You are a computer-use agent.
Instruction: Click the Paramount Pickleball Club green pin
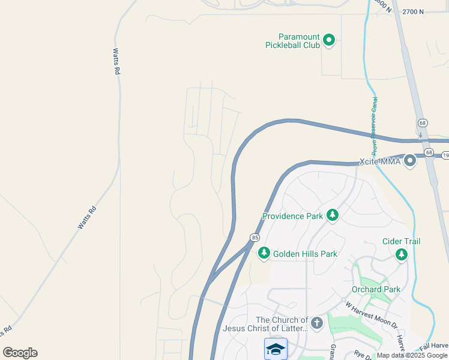328,40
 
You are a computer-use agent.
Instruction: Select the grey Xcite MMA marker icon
410,161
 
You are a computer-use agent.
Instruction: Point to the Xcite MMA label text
379,161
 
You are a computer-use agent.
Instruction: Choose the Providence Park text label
293,216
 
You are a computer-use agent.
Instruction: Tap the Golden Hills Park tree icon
264,254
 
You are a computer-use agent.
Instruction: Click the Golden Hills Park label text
305,254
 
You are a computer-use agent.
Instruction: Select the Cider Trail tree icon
401,254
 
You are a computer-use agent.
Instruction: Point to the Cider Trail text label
401,241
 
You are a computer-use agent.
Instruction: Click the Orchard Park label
376,289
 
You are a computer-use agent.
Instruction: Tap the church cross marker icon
317,323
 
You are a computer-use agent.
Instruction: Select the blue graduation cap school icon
276,349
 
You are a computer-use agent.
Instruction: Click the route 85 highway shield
255,238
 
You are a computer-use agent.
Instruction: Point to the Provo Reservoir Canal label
374,124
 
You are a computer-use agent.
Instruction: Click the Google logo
20,353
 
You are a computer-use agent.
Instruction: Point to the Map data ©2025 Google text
411,355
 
